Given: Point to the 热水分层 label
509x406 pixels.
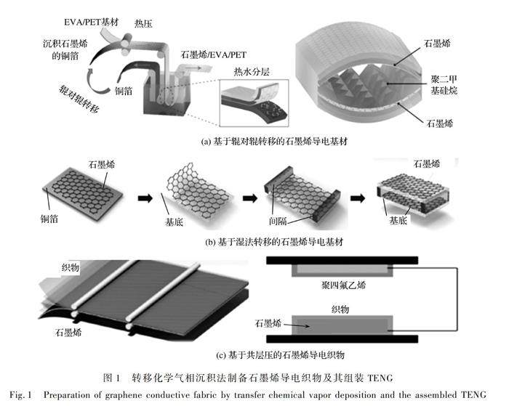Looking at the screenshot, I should tap(252, 71).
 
